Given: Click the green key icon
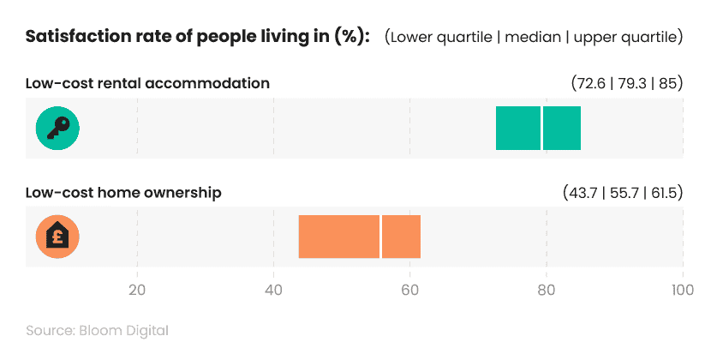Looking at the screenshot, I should [x=57, y=129].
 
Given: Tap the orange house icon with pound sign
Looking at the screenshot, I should [x=57, y=237].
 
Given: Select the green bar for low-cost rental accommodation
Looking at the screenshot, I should [x=518, y=129].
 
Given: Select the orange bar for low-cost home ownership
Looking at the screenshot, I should [x=338, y=237].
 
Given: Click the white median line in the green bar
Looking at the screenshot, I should [x=541, y=129].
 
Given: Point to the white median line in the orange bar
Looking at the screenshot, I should [x=380, y=237].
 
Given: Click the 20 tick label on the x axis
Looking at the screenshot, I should [x=137, y=289].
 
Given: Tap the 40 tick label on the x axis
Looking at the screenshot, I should [x=273, y=289].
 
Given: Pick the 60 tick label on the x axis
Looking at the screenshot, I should [x=409, y=289].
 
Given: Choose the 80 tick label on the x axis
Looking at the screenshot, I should [x=546, y=289].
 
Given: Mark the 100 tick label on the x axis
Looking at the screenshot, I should [x=682, y=289].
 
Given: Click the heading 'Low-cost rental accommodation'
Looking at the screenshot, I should [x=147, y=84].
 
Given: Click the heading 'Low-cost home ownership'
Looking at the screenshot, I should [x=123, y=193].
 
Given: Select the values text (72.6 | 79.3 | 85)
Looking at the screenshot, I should [x=626, y=84].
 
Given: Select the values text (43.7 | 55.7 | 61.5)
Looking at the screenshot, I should [x=622, y=193].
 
